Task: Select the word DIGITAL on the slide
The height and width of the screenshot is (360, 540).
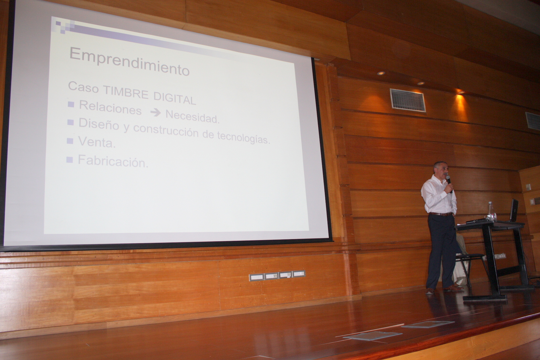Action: pyautogui.click(x=175, y=98)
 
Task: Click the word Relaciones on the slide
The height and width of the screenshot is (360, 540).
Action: pyautogui.click(x=110, y=108)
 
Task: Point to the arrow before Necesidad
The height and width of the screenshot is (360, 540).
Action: pyautogui.click(x=155, y=113)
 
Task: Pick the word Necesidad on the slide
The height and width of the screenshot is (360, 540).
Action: pyautogui.click(x=192, y=117)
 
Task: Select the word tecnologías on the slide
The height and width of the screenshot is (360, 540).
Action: pyautogui.click(x=243, y=137)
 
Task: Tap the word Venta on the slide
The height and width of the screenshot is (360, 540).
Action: pyautogui.click(x=97, y=142)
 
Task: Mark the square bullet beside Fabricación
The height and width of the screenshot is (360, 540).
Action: pyautogui.click(x=70, y=160)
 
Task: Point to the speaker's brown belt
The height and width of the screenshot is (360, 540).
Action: pyautogui.click(x=441, y=214)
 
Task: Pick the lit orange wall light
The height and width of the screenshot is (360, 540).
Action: pyautogui.click(x=461, y=92)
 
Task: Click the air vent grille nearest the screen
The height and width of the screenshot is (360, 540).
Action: pyautogui.click(x=408, y=100)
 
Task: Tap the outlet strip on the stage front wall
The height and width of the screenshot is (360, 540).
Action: pyautogui.click(x=277, y=276)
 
